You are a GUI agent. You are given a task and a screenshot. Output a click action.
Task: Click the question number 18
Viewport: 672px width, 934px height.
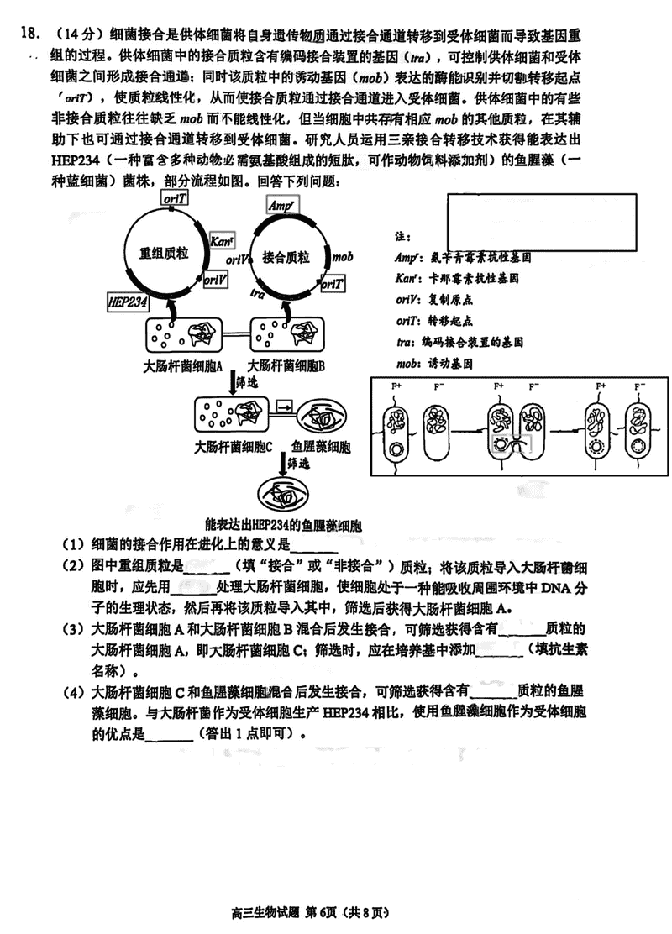[x=26, y=34]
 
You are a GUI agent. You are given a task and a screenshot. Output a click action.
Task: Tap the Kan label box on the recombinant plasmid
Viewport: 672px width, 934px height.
[x=222, y=242]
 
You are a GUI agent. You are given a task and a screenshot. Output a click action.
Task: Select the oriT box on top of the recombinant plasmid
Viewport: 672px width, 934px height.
[x=176, y=198]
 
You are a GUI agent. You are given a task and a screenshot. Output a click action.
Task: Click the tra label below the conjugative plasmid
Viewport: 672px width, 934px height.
[x=259, y=293]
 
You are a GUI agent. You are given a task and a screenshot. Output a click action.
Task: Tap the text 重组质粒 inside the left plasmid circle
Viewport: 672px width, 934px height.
[x=164, y=252]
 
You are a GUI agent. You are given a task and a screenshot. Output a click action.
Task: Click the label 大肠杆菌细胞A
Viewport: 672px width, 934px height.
[x=182, y=366]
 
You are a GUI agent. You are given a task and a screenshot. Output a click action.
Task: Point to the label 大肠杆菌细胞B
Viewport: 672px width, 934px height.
[x=286, y=366]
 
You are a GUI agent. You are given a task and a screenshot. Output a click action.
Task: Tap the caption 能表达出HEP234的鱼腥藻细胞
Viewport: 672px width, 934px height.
[x=289, y=527]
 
